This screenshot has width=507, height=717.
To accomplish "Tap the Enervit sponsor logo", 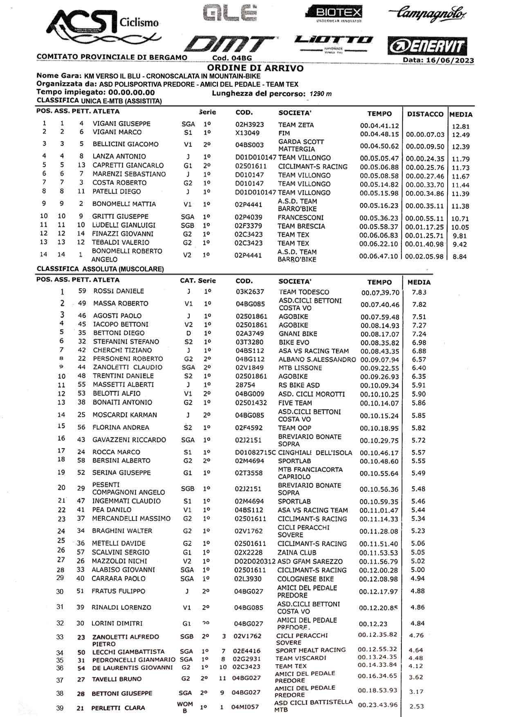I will click(x=427, y=46).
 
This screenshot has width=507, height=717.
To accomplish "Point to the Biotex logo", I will click(x=336, y=12).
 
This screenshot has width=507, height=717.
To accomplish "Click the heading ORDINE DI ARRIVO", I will click(x=255, y=68).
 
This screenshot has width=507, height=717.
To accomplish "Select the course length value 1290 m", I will click(x=321, y=94).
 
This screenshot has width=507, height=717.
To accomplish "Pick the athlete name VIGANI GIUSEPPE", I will click(x=121, y=123).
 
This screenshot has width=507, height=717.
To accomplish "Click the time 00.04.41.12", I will click(x=379, y=126).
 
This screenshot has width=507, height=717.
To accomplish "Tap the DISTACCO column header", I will click(x=425, y=114).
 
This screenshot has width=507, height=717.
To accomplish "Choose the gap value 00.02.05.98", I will click(x=424, y=256).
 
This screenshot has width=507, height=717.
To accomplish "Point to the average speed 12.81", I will click(x=461, y=126).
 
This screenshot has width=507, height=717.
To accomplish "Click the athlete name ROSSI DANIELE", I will click(x=119, y=291).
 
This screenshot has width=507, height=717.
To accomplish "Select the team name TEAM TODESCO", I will click(x=304, y=292).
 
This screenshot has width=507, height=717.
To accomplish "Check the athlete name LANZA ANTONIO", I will click(x=119, y=156).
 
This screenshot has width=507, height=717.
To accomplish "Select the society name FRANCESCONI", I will click(x=301, y=217).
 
